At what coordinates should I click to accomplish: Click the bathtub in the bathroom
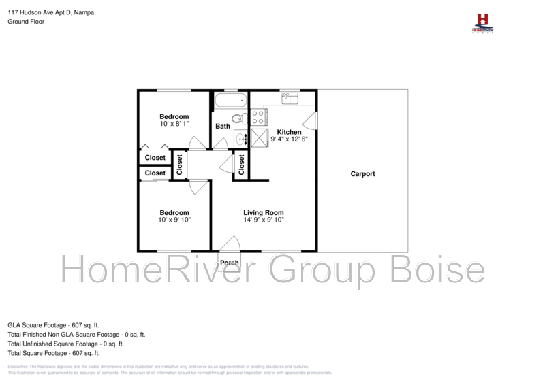point(229,102)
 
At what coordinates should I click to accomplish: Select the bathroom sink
point(242,139)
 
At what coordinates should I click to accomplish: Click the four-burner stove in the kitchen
point(258,117)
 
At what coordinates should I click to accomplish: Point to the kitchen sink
point(290,99)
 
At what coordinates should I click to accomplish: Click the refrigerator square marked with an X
point(260,137)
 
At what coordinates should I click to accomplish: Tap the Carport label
point(362,174)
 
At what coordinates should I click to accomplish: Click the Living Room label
point(263,213)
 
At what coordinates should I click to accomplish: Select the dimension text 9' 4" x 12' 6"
point(289,139)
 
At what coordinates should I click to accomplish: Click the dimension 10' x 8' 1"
point(174,124)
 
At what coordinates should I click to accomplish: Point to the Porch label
point(230,263)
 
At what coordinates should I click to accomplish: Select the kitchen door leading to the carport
point(311,121)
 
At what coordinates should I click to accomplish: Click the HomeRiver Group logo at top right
point(483,23)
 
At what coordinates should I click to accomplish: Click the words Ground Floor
point(25,22)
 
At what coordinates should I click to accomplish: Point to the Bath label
point(223,127)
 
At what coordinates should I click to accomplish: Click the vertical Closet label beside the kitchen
point(241,164)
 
